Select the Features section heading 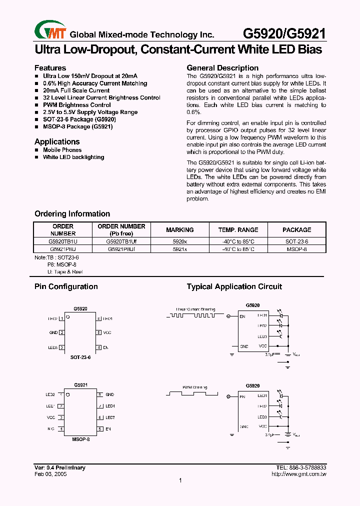50,68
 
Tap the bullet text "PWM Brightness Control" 77,105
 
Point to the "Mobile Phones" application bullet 62,150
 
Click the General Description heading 222,68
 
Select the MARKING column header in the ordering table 179,230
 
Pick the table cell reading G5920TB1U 63,241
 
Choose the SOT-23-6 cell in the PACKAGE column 296,241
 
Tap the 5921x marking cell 179,248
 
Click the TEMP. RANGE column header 238,230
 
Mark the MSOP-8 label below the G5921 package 80,439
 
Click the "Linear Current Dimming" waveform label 195,309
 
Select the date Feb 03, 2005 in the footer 50,473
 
